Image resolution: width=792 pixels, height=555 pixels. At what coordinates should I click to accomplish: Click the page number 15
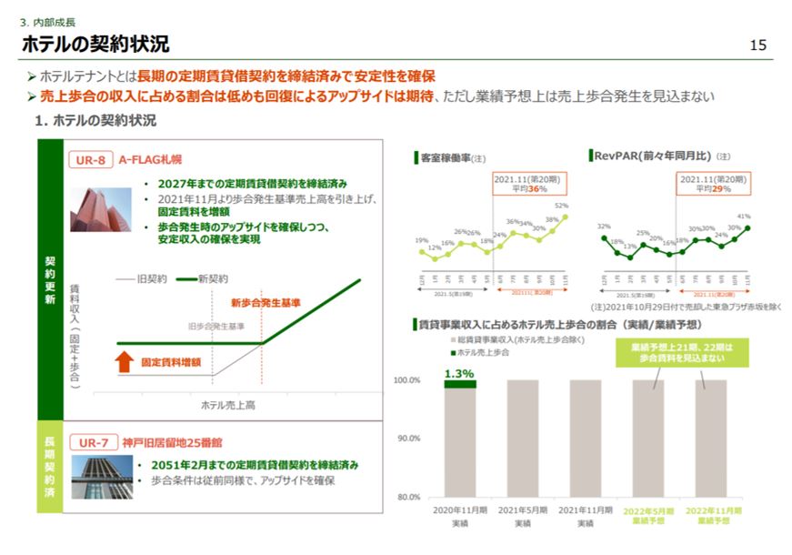pos(759,45)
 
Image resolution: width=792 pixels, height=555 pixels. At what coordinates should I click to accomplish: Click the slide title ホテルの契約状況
pos(95,44)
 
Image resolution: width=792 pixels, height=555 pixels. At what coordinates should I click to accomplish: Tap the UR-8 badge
pos(90,159)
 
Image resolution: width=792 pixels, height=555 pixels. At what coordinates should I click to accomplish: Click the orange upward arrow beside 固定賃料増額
pos(125,361)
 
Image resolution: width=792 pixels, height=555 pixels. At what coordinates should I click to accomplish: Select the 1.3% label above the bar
pos(459,373)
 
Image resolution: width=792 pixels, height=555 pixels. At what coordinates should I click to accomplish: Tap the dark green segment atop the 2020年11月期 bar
pos(460,384)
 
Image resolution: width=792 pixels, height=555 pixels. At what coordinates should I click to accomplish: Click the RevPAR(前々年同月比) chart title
pos(648,156)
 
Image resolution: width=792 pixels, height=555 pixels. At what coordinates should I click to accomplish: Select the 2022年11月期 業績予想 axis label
pos(712,516)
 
